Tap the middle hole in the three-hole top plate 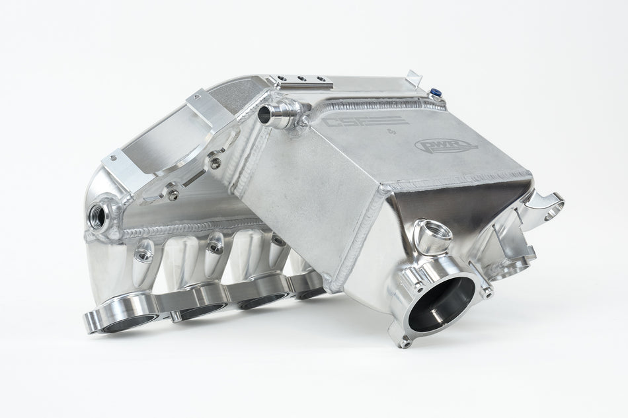pos(302,79)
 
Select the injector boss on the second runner pos(215,244)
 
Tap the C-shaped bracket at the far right pos(547,205)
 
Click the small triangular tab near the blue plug pos(414,79)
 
